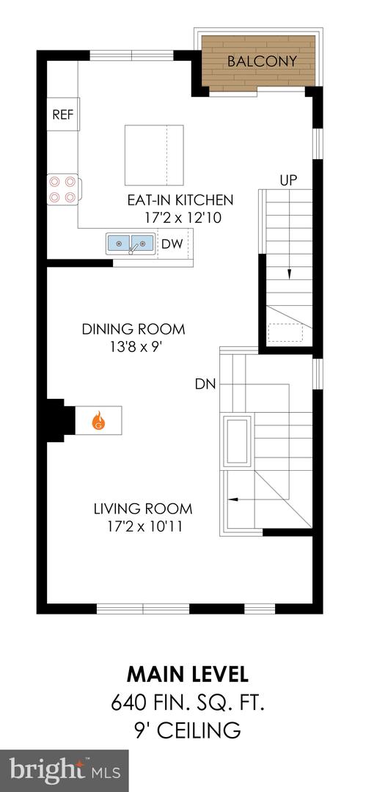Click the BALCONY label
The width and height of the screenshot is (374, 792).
click(262, 61)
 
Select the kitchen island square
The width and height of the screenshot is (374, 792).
click(154, 155)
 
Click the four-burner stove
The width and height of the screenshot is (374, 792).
click(62, 188)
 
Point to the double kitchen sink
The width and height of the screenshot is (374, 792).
click(131, 243)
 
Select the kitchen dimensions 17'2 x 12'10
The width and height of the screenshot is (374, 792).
click(184, 217)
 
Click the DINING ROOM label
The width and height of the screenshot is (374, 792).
click(133, 329)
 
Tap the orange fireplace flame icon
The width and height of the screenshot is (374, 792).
click(98, 422)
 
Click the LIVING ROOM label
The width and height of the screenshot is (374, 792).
click(143, 508)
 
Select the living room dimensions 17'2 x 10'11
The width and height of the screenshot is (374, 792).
click(143, 526)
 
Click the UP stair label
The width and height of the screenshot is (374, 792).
click(287, 179)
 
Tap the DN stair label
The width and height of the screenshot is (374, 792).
click(205, 383)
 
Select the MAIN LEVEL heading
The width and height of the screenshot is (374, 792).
click(188, 673)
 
